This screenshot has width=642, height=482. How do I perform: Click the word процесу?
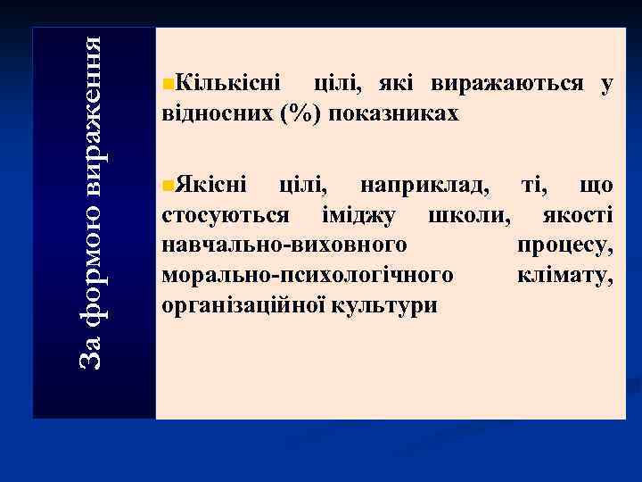point(564,245)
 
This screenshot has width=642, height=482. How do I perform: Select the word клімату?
point(564,275)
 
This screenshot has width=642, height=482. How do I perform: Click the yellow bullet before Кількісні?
point(169,85)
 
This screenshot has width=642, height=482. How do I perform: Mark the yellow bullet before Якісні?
point(169,186)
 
